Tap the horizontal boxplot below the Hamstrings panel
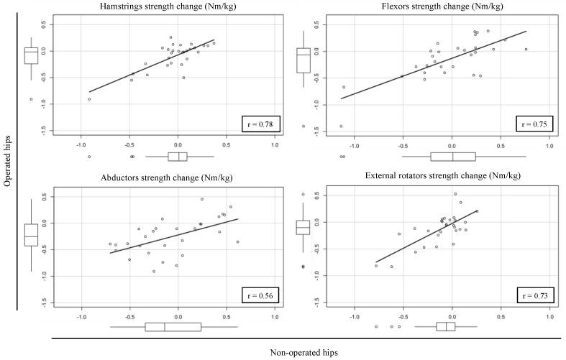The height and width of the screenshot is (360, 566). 178,157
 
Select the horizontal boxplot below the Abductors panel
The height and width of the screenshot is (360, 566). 173,327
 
